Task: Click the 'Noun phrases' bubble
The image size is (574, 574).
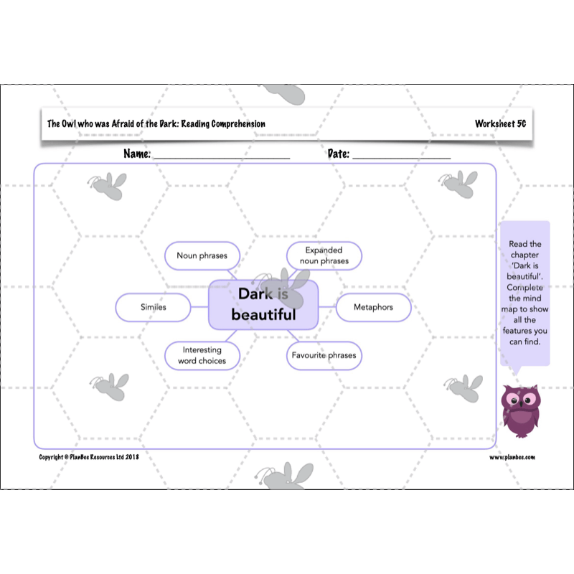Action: [203, 255]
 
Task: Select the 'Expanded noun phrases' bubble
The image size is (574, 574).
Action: [324, 255]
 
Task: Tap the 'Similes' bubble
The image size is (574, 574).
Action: [153, 307]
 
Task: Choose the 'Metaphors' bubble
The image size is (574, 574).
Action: [374, 307]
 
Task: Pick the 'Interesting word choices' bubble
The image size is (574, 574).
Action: [202, 355]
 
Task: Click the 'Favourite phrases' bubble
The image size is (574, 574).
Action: [323, 355]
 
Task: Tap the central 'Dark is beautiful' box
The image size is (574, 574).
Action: [263, 304]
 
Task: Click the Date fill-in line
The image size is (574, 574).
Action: [401, 156]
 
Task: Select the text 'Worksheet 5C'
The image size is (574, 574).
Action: [500, 124]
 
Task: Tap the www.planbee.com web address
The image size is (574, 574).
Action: [512, 457]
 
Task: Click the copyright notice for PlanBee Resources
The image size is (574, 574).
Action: [89, 457]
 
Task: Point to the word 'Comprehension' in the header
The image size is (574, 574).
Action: [237, 124]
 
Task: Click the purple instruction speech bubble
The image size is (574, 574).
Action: [524, 294]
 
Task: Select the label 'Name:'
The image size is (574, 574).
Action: [137, 154]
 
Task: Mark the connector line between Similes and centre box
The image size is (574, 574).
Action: [199, 308]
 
